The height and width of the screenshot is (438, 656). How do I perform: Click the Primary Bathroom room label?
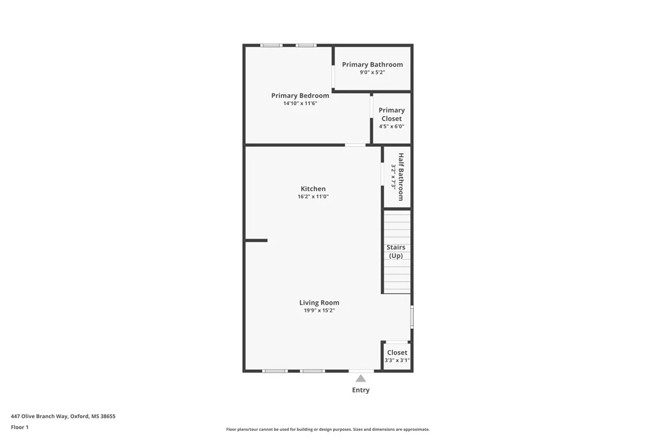point(372,65)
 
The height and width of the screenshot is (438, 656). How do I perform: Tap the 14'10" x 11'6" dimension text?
point(300,103)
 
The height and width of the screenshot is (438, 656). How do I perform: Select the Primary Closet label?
point(391,114)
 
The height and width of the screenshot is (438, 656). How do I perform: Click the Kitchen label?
point(313,189)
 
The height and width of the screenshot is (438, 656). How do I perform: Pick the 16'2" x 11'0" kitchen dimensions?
point(313,196)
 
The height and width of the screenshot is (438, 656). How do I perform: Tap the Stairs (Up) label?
point(396,251)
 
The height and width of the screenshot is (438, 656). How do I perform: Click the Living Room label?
point(319,303)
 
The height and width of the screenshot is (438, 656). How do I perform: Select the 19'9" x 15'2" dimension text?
point(319,310)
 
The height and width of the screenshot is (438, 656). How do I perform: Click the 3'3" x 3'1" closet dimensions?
point(397,360)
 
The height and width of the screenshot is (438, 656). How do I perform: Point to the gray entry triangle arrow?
point(361,378)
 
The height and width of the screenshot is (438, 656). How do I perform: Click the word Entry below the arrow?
point(361,390)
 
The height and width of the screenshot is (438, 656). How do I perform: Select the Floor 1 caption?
point(20,427)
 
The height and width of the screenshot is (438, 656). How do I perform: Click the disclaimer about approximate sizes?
point(328,429)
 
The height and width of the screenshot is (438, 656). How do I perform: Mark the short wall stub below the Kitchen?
point(256,240)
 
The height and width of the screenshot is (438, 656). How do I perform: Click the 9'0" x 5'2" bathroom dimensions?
point(372,72)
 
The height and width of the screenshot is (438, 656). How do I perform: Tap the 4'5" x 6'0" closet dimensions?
point(391,126)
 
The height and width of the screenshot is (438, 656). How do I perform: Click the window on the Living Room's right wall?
point(412,317)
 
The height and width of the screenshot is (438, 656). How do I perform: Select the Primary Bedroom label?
point(300,96)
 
